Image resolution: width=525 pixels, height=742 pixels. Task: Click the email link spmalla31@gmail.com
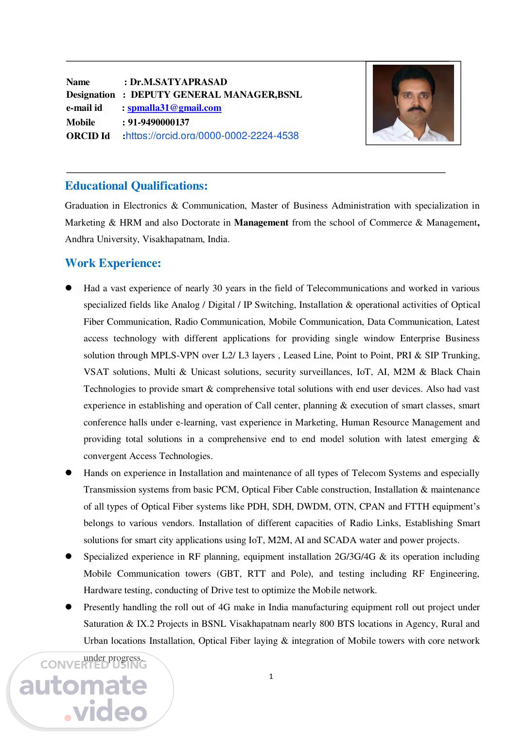(174, 108)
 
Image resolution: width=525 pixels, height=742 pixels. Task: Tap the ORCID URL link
(212, 136)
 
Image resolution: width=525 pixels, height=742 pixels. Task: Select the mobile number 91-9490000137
(158, 122)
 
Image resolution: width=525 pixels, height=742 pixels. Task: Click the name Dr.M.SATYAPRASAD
(178, 82)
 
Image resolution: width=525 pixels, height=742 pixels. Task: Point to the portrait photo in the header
(413, 103)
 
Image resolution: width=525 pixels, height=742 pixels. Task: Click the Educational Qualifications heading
(137, 186)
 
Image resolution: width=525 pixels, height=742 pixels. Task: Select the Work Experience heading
(113, 263)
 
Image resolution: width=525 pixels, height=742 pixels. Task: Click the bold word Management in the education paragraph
(261, 223)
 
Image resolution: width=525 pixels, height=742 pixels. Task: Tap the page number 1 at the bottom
(271, 676)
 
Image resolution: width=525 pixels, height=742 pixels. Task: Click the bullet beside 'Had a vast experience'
(69, 288)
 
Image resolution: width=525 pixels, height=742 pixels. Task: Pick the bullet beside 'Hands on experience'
(69, 473)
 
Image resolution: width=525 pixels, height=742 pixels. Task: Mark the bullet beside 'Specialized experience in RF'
(69, 556)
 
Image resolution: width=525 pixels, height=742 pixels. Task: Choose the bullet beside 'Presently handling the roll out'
(69, 607)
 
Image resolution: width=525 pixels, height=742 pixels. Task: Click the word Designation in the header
(91, 95)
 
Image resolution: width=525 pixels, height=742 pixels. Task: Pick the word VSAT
(96, 372)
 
